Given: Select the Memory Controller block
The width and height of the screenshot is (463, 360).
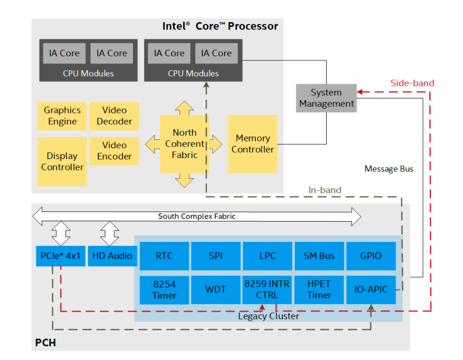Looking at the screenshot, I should [253, 144].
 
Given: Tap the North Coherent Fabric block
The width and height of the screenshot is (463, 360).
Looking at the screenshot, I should [185, 144].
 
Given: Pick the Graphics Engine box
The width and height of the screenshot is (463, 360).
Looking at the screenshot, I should [62, 116].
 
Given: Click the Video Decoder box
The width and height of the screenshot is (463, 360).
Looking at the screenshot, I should [114, 116].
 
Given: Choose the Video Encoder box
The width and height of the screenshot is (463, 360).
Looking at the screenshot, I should [114, 151].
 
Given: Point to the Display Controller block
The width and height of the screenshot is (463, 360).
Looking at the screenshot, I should [62, 161].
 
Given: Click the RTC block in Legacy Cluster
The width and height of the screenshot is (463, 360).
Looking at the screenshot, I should [164, 256].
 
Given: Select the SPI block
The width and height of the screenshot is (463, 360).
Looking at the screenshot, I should [216, 256].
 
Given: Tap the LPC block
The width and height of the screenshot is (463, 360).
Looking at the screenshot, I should [267, 256].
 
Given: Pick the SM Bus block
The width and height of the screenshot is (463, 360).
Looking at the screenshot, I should [319, 256].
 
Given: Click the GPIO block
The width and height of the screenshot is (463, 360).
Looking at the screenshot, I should [371, 256].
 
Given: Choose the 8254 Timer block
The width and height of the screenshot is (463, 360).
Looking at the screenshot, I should [164, 290].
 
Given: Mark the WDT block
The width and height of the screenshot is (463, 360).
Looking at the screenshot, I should [216, 290].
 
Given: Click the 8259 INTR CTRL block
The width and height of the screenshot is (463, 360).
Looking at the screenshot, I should [267, 290].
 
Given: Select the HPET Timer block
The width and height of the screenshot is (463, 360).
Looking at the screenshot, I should [319, 290].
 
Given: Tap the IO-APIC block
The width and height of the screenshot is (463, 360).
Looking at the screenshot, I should [371, 290].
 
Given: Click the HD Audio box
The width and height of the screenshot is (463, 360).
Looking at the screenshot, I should [112, 256].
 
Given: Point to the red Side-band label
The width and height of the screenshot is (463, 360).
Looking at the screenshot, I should [412, 83].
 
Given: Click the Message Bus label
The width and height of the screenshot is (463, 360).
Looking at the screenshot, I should [389, 169].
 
